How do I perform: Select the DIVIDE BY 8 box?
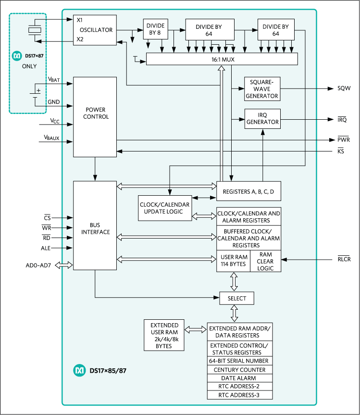[x=154, y=29]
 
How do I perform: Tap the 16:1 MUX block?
[x=222, y=59]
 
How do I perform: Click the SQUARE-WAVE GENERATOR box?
[x=262, y=89]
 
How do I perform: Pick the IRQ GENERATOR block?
[x=262, y=118]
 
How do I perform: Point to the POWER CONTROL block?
[x=95, y=116]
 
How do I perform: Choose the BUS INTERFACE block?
[x=95, y=225]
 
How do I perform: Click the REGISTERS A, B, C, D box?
[x=248, y=191]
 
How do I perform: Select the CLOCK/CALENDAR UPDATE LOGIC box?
[x=164, y=208]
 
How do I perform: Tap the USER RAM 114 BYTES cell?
[x=233, y=261]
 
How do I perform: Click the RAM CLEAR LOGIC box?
[x=266, y=261]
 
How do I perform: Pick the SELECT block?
[x=236, y=298]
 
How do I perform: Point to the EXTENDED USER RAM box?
[x=164, y=335]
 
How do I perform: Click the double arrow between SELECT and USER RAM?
[x=234, y=281]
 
